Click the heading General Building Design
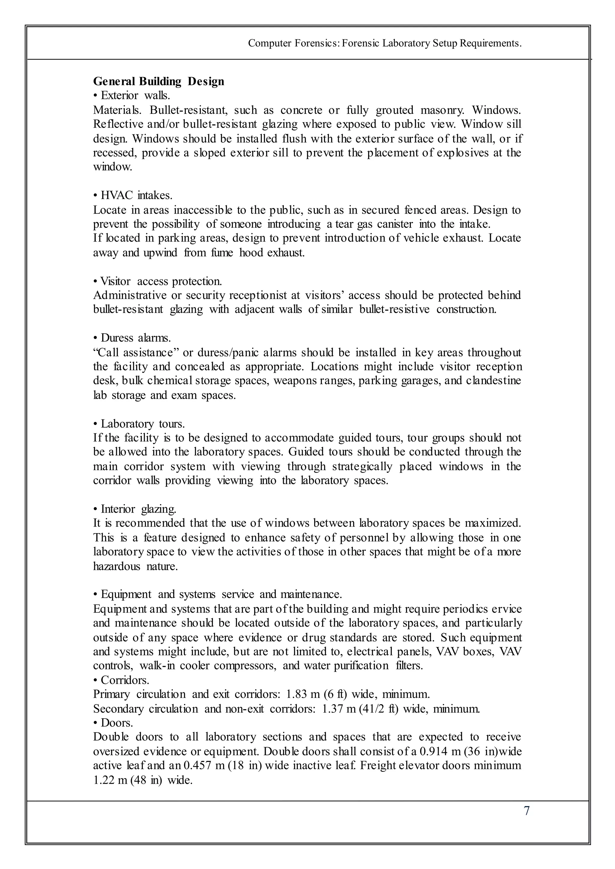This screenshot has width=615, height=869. point(159,81)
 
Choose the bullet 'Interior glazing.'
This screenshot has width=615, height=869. point(135,509)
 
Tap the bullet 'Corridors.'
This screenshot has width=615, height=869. point(121,680)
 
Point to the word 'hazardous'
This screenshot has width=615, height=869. point(116,567)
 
